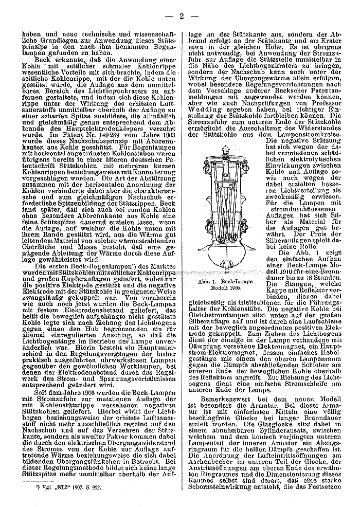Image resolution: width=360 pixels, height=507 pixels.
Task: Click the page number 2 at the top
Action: (181, 16)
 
